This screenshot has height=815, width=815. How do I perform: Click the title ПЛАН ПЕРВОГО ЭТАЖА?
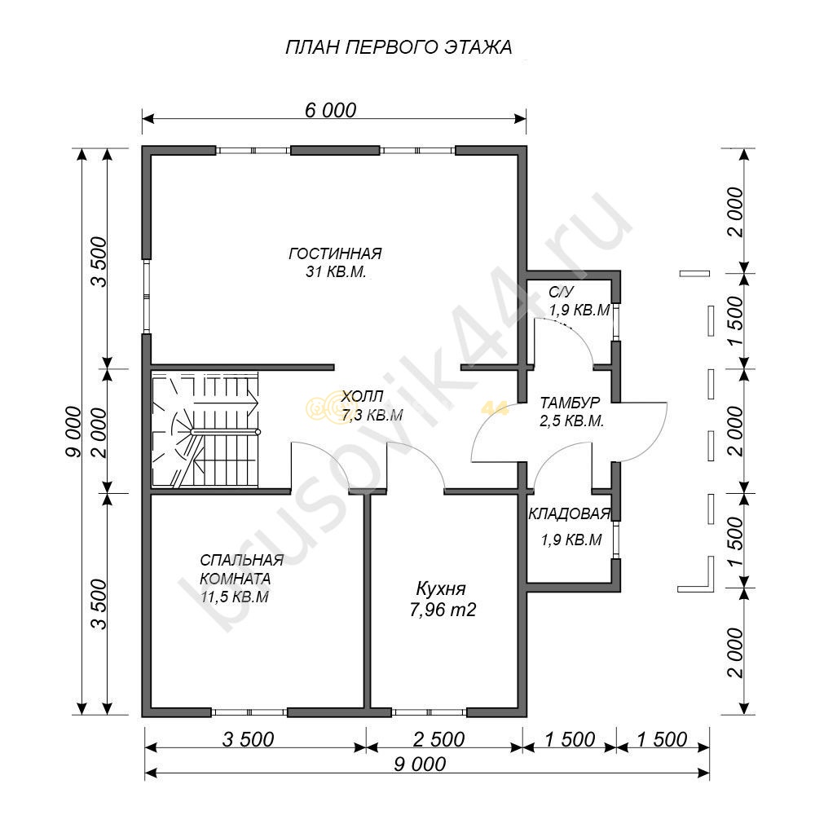coord(399,47)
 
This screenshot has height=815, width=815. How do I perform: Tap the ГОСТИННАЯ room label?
coord(335,253)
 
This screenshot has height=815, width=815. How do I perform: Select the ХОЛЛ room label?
coord(363,396)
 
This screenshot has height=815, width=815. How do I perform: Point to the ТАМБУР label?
coord(570,403)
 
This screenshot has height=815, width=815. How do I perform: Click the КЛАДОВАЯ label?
coord(569,514)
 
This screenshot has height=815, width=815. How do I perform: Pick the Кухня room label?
coord(441,589)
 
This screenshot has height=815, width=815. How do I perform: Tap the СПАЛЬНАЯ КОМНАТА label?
coord(242,569)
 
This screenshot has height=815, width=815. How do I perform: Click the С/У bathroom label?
coord(561,292)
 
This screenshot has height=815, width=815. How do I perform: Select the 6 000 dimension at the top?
coord(331,110)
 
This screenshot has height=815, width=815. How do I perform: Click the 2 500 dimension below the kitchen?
coord(439,739)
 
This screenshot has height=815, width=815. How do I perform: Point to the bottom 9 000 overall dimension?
coord(420,764)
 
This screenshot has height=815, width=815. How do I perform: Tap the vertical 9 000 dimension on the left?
coord(73,431)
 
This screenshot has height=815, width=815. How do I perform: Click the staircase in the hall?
coord(205,430)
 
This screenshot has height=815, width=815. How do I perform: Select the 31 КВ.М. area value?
coord(336,271)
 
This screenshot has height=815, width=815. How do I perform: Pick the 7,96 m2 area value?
coord(443,609)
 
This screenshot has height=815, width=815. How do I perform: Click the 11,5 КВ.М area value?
coord(235,597)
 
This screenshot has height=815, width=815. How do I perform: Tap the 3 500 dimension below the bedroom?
coord(249,739)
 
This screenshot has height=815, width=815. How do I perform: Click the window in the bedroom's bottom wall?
coord(249,712)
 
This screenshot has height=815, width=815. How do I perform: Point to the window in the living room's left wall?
coord(147,297)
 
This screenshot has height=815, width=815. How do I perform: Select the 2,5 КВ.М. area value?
coord(572,421)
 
